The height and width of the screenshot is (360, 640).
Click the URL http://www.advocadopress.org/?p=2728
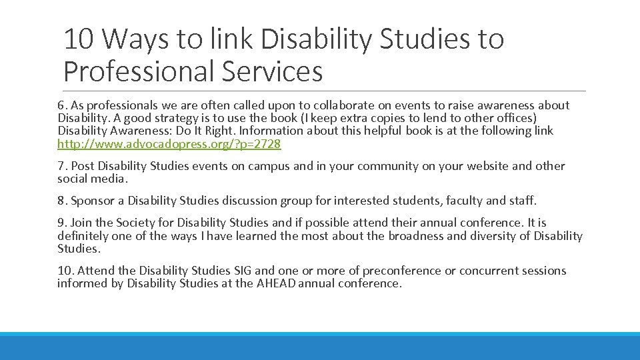(x=169, y=144)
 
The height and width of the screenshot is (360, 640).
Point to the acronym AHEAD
(x=275, y=283)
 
